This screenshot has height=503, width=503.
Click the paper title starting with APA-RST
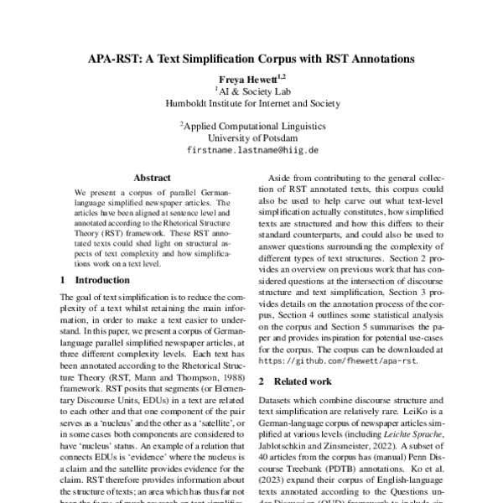pyautogui.click(x=251, y=60)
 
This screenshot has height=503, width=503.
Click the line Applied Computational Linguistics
pyautogui.click(x=251, y=125)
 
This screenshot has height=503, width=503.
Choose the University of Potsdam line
pyautogui.click(x=251, y=137)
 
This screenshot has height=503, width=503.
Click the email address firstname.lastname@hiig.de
pyautogui.click(x=251, y=150)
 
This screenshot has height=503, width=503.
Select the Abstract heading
pyautogui.click(x=152, y=178)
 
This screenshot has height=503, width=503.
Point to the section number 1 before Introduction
pyautogui.click(x=65, y=279)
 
